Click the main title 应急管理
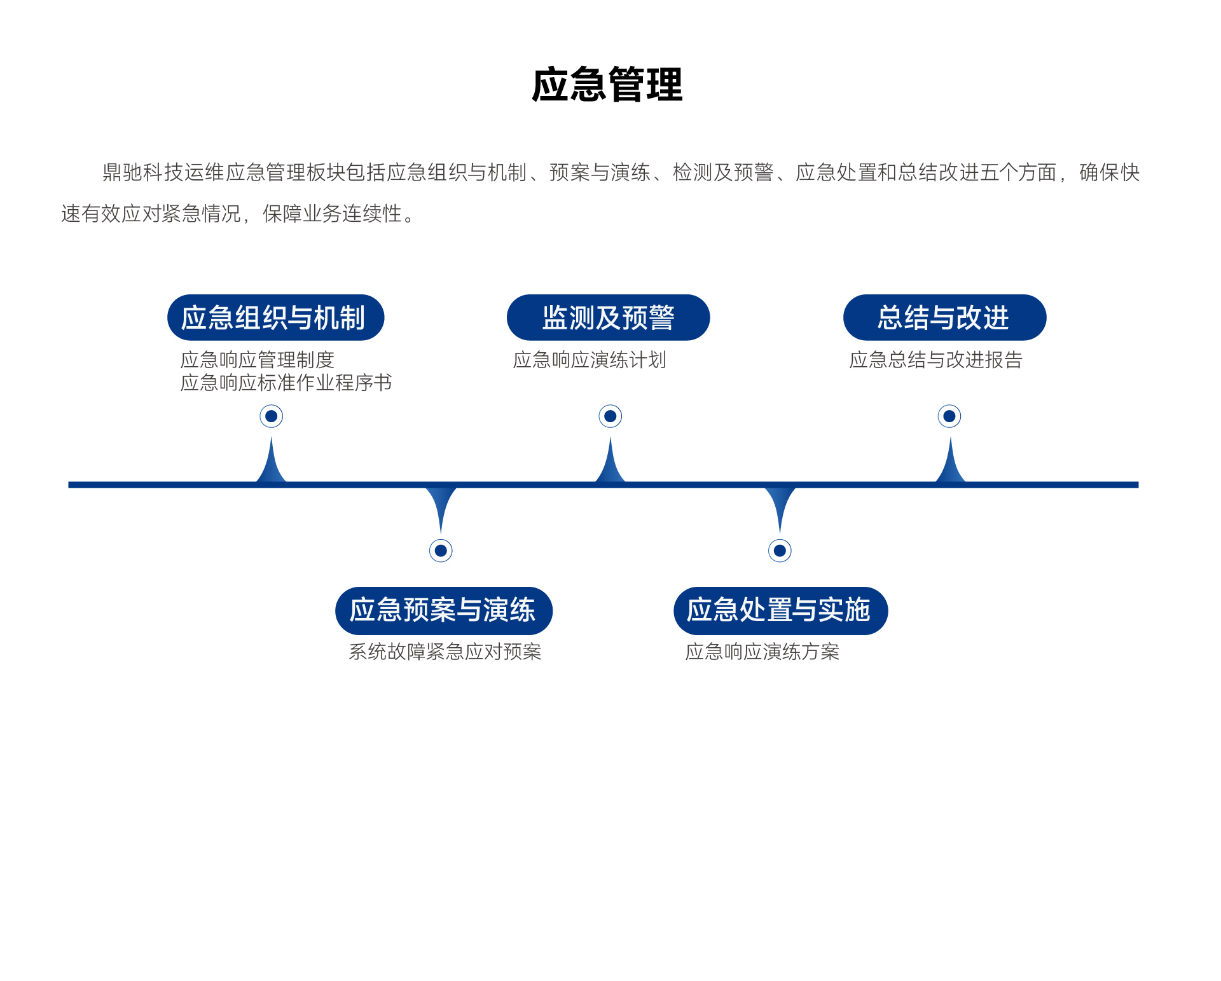pos(607,85)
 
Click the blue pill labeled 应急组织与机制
pos(275,317)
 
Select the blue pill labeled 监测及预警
pos(608,317)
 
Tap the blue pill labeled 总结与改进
pos(944,317)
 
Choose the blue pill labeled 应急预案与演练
pos(443,610)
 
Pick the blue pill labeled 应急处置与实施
pos(780,610)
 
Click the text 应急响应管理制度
pos(258,360)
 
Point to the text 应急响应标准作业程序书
pos(286,383)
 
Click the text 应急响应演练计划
pos(590,360)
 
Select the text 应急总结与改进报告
pos(935,360)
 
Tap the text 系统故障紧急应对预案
pos(445,652)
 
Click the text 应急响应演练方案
pos(762,652)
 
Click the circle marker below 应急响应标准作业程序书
pos(272,416)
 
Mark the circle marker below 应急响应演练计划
pos(610,416)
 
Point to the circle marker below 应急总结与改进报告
pos(949,416)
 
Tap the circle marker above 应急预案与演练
pos(441,551)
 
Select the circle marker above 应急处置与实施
pos(780,551)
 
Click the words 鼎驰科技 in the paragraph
pos(143,172)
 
